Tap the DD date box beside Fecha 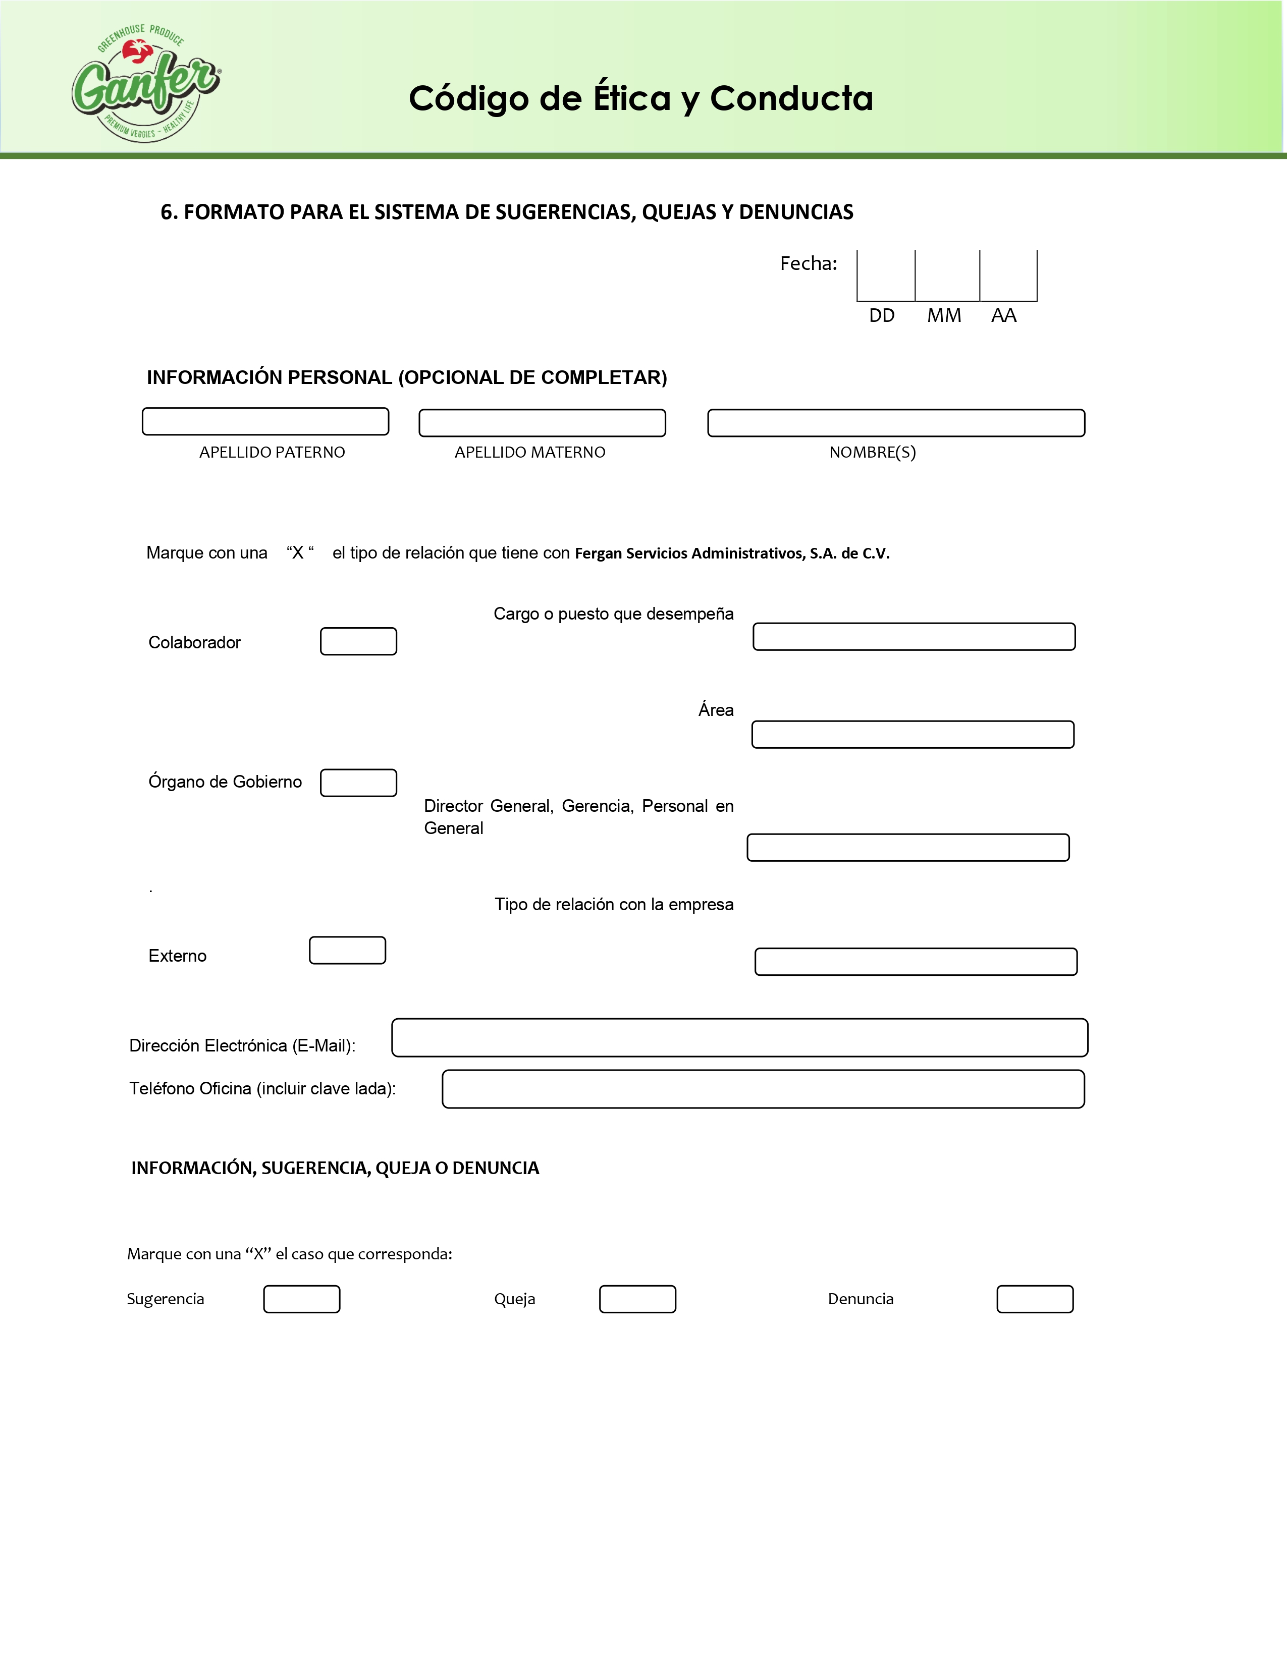[x=886, y=275]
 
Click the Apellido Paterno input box [x=265, y=422]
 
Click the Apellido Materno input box [x=542, y=423]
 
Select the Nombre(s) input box [x=896, y=423]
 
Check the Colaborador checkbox [x=358, y=641]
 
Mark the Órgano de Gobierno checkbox [x=358, y=783]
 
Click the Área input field [x=913, y=734]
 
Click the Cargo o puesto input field [x=914, y=637]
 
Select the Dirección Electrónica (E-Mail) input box [x=739, y=1037]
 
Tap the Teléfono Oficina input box [x=763, y=1089]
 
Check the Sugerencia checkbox [x=302, y=1299]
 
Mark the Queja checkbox [x=637, y=1299]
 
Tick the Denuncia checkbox [x=1035, y=1299]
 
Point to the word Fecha [x=808, y=264]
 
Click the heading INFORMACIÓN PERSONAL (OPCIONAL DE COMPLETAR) [x=406, y=377]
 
